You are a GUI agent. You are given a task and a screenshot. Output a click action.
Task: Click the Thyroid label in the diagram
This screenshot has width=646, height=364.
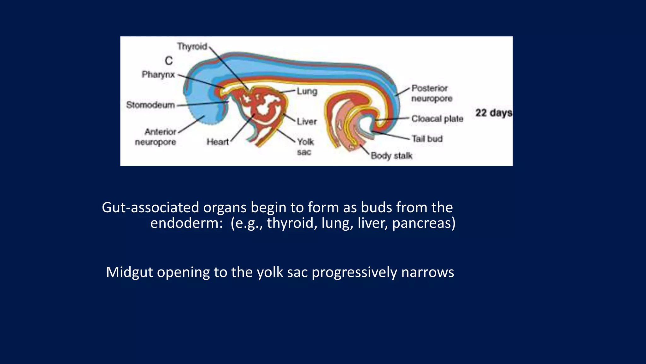pos(192,46)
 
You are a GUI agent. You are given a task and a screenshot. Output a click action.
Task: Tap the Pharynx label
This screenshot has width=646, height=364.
pos(158,75)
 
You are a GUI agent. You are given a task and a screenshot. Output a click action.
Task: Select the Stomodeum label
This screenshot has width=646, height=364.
pos(150,105)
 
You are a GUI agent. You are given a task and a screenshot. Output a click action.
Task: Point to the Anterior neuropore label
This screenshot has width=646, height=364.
pos(156,137)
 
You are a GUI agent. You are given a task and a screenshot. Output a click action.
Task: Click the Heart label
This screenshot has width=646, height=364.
pos(217,142)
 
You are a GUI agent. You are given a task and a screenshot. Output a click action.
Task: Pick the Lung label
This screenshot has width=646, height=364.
pos(307,91)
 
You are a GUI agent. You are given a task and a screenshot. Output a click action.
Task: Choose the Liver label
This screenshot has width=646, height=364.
pos(307,121)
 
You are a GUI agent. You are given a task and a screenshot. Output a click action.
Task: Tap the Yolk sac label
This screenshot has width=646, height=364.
pos(305,147)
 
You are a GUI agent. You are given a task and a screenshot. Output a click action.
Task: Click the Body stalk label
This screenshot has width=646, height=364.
pos(391,156)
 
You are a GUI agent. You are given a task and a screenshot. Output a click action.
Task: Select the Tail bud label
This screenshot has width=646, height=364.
pos(427,139)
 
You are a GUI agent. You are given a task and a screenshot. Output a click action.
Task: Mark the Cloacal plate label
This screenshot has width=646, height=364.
pos(437,119)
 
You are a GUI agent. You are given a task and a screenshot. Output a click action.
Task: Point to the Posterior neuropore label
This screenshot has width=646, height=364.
pos(431,93)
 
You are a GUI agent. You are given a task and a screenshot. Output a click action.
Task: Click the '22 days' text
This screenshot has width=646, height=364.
pos(493,113)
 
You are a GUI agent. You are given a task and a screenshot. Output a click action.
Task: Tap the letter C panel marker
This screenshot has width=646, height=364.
pos(169,61)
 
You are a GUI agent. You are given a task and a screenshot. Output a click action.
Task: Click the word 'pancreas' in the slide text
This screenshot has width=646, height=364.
pos(424,223)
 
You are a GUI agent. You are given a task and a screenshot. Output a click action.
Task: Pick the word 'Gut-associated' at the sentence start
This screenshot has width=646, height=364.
pos(150,208)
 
